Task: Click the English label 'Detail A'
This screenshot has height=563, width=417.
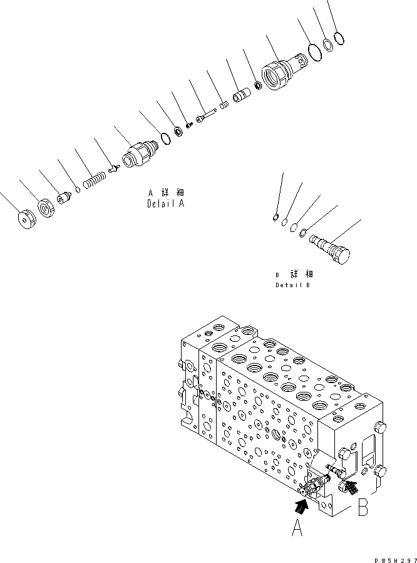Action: click(x=166, y=204)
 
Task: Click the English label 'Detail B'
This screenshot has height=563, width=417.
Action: click(x=292, y=285)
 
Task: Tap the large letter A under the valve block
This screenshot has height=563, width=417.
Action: click(x=298, y=530)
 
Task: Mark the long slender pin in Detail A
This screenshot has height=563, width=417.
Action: click(x=207, y=115)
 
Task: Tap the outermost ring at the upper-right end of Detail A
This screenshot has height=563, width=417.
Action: click(x=339, y=39)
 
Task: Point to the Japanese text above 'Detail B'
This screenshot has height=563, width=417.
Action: click(x=292, y=275)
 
